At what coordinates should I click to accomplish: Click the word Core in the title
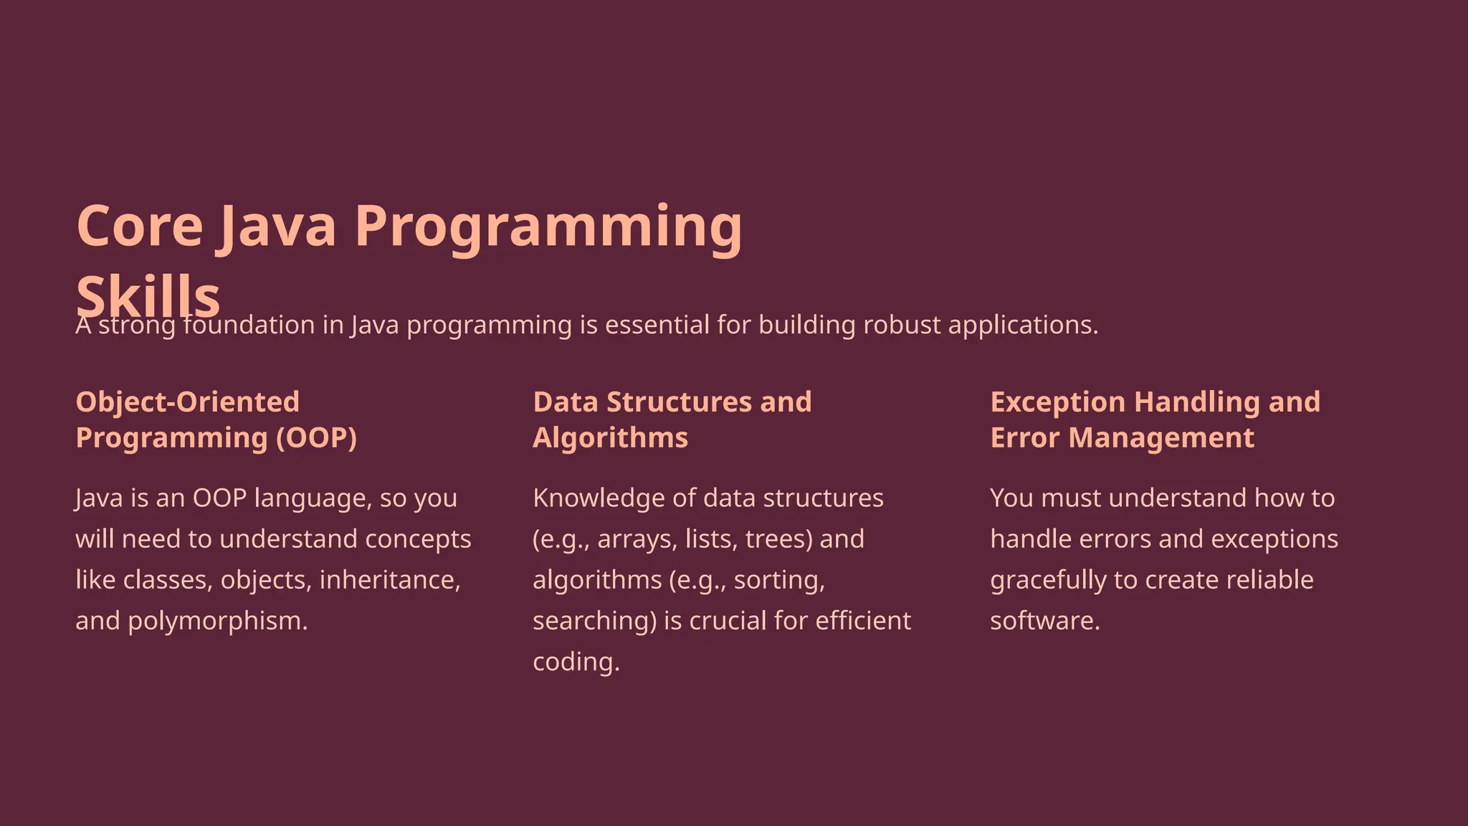140,226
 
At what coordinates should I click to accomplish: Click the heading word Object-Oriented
188,402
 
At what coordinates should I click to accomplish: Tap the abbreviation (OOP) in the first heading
317,438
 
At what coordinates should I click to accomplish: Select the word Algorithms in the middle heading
610,438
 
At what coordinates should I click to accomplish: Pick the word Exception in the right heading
1057,402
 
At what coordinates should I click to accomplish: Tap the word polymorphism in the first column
217,621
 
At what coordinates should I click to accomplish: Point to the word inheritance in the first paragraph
389,580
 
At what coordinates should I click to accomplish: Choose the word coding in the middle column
576,662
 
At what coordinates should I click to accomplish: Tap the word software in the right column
1044,621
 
